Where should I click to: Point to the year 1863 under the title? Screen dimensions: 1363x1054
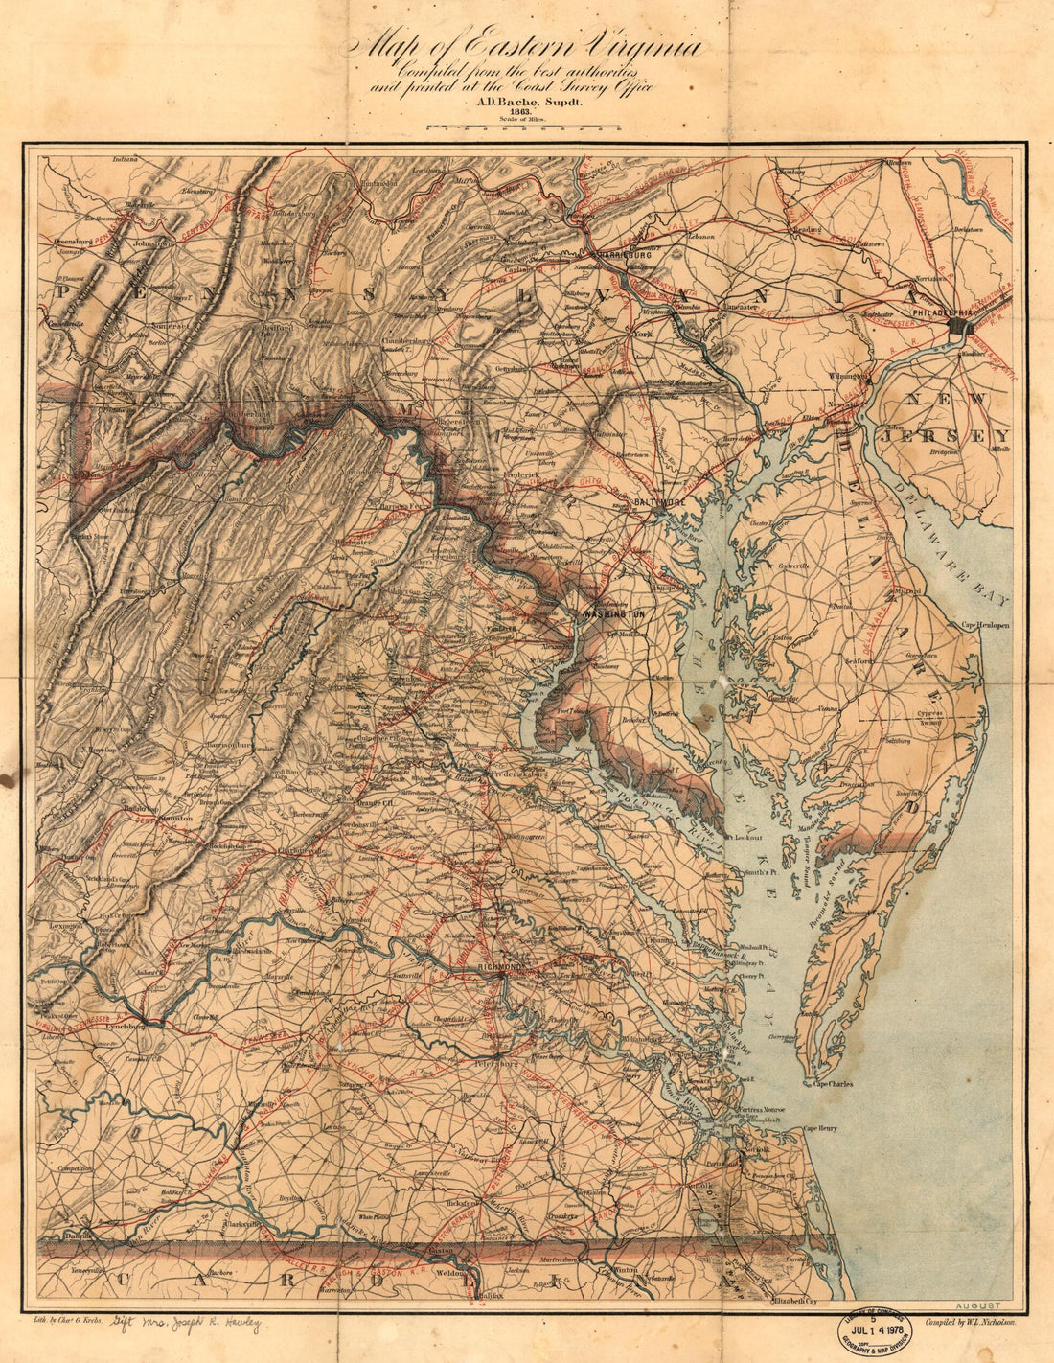[521, 111]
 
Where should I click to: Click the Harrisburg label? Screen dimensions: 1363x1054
[622, 256]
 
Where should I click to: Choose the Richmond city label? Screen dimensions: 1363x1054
[500, 968]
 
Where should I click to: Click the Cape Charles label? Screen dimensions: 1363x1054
[834, 1084]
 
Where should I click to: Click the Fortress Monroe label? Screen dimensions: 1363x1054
[762, 1110]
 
